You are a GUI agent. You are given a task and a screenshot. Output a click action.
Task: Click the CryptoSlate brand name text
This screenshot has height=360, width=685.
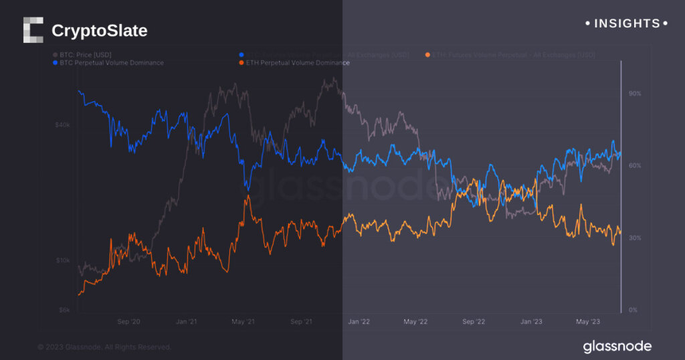pos(99,31)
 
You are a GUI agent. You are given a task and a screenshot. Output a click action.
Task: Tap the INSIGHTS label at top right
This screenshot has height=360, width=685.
pos(626,23)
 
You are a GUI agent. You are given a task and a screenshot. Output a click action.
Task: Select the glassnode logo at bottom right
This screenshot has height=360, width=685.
pos(617,346)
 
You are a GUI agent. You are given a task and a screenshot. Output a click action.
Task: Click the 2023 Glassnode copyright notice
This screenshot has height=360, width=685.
pos(104,347)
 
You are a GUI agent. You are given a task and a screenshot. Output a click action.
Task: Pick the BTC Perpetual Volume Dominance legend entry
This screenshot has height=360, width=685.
pos(108,63)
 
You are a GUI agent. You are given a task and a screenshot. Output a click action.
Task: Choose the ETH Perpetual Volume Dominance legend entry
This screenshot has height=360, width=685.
pos(294,63)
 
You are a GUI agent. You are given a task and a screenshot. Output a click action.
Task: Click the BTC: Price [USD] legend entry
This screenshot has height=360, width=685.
pos(84,54)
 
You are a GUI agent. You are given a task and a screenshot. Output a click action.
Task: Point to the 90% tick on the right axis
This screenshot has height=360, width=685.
pos(634,94)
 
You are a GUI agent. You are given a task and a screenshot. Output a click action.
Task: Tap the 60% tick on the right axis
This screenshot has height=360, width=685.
pos(634,166)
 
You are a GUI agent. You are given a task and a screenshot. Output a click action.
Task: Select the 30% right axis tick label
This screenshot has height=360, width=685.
pos(634,238)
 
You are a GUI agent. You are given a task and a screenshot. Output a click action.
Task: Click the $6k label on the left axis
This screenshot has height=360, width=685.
pos(64,310)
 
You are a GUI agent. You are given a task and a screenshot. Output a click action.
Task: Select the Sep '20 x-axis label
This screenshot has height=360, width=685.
pos(128,322)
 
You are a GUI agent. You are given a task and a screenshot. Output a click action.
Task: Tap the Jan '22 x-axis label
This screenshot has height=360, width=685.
pos(359,322)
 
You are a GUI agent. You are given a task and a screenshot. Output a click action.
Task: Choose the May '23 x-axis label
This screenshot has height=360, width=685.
pos(588,322)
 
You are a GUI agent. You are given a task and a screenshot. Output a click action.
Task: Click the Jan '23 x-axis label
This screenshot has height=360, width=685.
pos(532,322)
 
